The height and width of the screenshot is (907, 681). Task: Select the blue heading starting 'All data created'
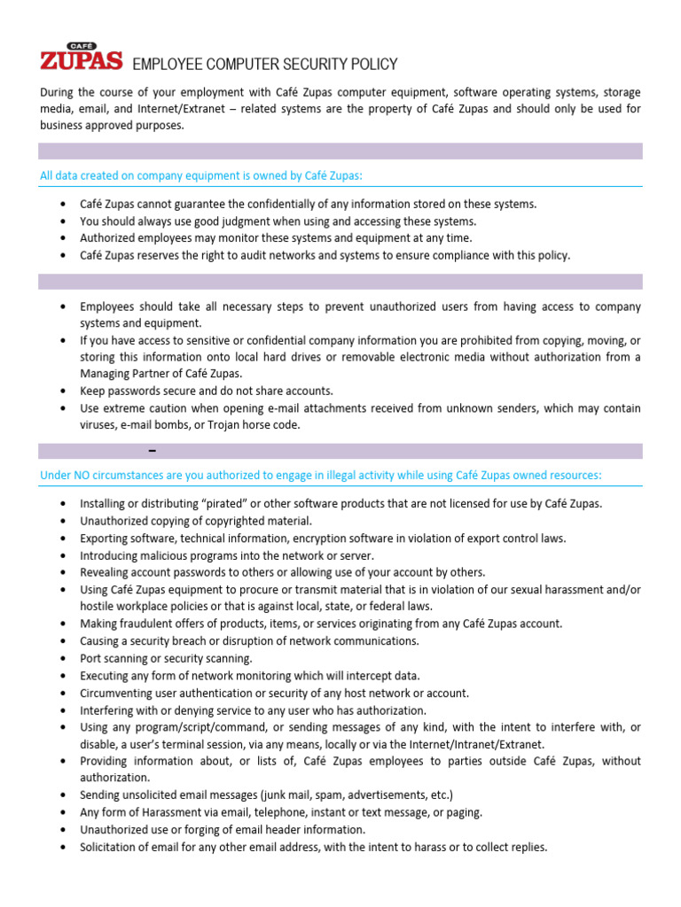201,175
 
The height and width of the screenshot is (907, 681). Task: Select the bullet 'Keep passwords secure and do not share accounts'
207,391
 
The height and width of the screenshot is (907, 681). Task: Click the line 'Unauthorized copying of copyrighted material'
196,522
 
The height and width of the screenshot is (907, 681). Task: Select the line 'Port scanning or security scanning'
166,659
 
